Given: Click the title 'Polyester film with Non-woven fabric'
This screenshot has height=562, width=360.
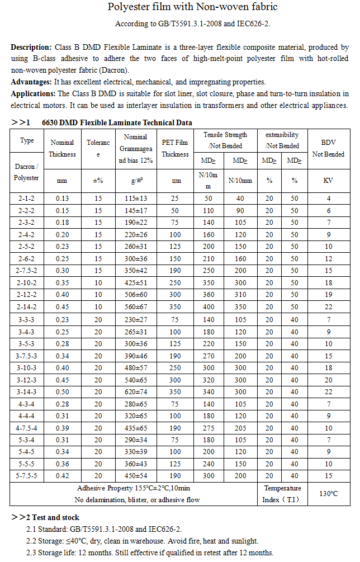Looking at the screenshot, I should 192,7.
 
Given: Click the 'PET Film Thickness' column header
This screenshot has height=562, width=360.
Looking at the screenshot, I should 175,148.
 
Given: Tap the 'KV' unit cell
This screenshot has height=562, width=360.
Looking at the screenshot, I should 328,181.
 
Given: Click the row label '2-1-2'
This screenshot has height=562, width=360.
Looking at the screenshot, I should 27,199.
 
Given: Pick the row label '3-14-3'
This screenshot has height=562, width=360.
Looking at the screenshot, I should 27,391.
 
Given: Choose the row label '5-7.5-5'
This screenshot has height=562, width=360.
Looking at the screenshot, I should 27,476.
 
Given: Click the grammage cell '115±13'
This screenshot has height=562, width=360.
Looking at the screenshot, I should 136,199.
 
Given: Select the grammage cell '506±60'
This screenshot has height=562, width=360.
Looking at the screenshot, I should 136,295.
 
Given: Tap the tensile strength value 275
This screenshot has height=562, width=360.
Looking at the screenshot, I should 209,428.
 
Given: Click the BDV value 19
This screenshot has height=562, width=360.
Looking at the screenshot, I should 328,295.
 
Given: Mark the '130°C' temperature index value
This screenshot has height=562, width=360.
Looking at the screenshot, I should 328,494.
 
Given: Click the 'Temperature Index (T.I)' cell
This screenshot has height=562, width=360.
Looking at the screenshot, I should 282,494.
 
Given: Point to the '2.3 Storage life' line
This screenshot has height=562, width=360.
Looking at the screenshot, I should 150,552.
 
